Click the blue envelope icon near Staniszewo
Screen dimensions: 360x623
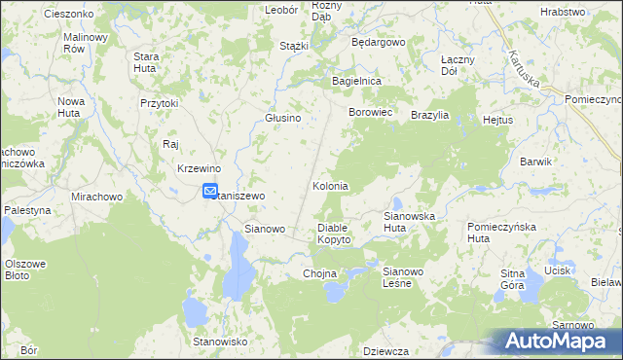point(210,192)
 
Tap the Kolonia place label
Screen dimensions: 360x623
point(330,186)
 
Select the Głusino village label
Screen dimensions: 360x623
point(283,118)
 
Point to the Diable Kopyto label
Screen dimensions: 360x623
point(334,234)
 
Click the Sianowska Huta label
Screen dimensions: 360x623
point(408,221)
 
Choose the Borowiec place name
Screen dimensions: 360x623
point(370,113)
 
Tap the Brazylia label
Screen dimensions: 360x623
point(429,115)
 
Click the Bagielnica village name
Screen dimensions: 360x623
point(356,81)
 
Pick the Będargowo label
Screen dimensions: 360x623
point(377,44)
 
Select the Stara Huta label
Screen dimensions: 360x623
point(146,62)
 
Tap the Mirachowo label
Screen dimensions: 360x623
point(96,196)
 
